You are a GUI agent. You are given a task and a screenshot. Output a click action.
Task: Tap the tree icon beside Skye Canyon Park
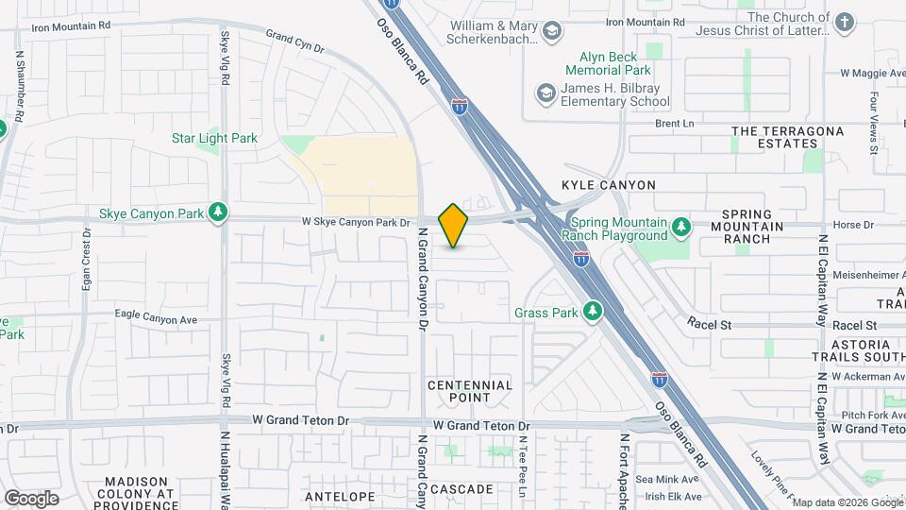(219, 212)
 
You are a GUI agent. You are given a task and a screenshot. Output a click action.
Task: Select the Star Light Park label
(214, 138)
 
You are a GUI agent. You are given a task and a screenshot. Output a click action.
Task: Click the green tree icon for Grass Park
(592, 312)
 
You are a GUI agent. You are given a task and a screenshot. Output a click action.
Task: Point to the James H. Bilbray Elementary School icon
(545, 93)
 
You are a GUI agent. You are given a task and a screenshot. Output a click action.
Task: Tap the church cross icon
(844, 22)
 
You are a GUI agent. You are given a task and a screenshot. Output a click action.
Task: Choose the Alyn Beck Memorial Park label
(616, 63)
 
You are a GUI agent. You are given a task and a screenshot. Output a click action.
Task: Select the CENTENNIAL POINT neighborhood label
(470, 391)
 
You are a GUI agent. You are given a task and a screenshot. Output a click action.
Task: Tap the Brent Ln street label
(675, 123)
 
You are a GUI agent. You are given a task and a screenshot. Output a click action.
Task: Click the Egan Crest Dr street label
(86, 259)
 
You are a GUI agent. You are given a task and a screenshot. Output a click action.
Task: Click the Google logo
(31, 498)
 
